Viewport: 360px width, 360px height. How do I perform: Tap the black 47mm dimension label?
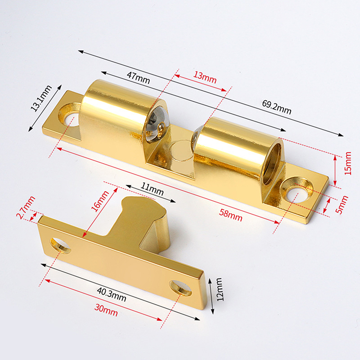[x=138, y=78]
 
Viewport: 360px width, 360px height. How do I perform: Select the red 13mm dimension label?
[x=205, y=77]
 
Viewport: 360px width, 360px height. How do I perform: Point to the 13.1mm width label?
[x=41, y=98]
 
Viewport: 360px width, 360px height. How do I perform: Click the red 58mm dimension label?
[x=230, y=215]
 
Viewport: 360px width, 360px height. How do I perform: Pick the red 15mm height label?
[x=348, y=163]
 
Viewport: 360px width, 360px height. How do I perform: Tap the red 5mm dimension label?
[x=342, y=205]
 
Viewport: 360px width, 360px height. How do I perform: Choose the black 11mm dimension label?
[x=152, y=189]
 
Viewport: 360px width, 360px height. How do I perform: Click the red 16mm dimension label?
[x=99, y=201]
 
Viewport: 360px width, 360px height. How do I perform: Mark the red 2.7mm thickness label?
[x=26, y=207]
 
